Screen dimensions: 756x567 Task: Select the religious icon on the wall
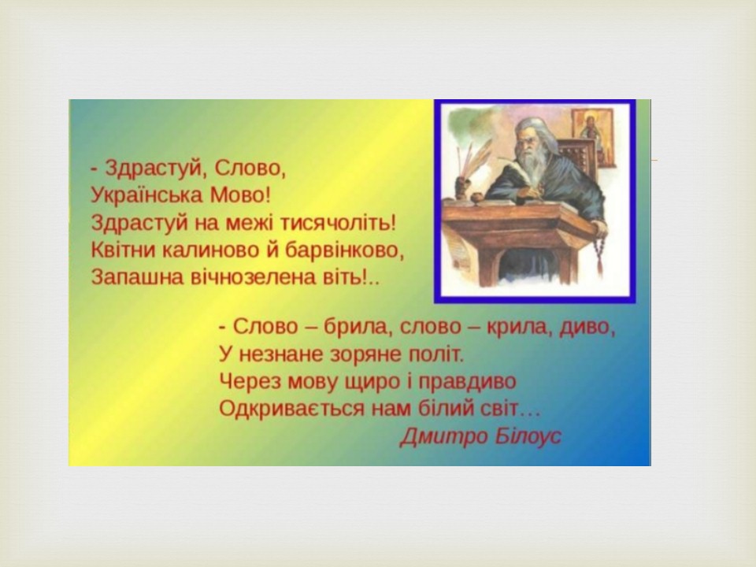click(594, 137)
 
